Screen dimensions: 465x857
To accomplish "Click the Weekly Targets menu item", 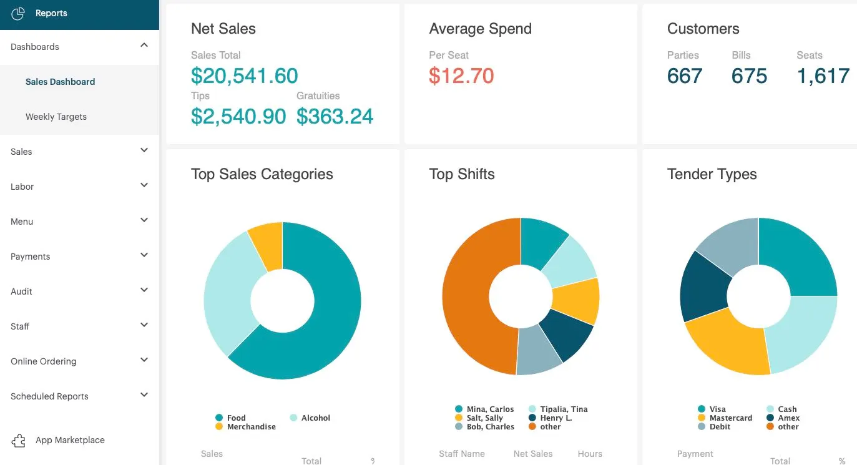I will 56,117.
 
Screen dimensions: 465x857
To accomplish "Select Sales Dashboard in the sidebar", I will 60,82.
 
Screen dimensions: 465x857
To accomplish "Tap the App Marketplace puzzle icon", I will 19,441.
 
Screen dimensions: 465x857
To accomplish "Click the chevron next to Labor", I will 144,185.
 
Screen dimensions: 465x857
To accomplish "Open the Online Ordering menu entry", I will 44,361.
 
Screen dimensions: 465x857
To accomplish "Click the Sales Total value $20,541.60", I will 244,76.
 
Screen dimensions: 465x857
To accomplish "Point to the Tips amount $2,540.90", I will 238,116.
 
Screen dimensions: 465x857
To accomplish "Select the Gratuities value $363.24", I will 335,116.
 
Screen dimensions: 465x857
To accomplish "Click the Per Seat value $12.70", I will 461,76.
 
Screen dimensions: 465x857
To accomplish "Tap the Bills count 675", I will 749,76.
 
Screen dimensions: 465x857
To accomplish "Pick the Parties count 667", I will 684,76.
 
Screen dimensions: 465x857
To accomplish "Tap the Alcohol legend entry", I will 315,418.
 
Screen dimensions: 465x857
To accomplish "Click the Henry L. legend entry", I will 556,418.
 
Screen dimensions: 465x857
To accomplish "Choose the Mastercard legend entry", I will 730,418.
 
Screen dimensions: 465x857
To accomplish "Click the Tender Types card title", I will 712,174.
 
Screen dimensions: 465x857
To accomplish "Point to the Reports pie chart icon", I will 18,13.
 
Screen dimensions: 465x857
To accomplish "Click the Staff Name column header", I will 461,454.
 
